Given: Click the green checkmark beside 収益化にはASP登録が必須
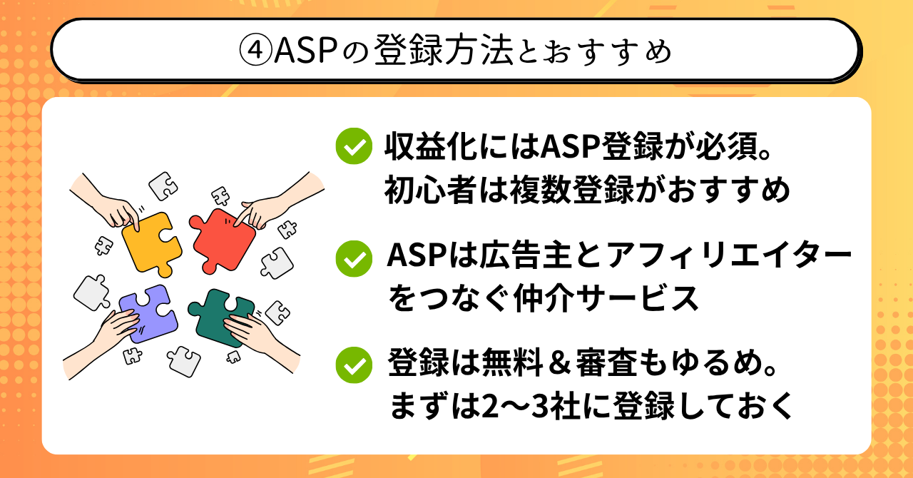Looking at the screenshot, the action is coord(354,146).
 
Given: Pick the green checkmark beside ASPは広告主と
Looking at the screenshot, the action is coord(354,258).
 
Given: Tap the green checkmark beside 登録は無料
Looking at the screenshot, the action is coord(354,365).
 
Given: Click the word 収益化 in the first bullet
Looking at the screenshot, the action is coord(432,146).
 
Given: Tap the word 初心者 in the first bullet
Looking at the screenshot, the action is coord(432,190).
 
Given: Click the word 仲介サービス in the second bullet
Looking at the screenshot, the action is coord(606,299).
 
